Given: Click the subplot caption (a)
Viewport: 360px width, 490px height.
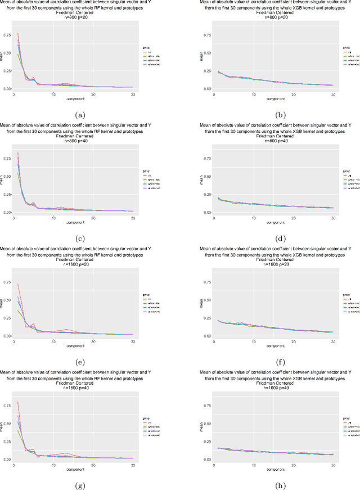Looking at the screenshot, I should pyautogui.click(x=80, y=115).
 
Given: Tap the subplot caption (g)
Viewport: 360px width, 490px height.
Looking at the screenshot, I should pyautogui.click(x=80, y=485).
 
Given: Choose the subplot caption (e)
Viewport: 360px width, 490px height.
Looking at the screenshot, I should pyautogui.click(x=80, y=362).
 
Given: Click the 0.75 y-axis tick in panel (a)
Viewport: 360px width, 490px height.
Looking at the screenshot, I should pyautogui.click(x=8, y=35).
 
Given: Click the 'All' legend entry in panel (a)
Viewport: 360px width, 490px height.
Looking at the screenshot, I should pyautogui.click(x=149, y=52).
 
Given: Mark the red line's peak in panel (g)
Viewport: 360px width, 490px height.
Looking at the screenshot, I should pyautogui.click(x=18, y=402).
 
